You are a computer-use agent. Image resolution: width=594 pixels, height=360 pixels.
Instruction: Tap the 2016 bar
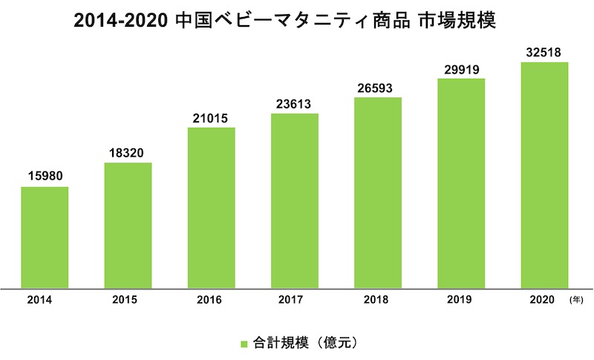pyautogui.click(x=211, y=207)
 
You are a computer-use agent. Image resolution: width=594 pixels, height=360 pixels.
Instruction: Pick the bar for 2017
pyautogui.click(x=294, y=200)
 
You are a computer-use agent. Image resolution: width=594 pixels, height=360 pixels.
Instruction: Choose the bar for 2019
pyautogui.click(x=460, y=182)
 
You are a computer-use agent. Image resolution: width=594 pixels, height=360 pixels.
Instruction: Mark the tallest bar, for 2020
pyautogui.click(x=544, y=174)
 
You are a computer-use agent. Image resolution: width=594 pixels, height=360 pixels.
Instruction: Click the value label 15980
pyautogui.click(x=45, y=177)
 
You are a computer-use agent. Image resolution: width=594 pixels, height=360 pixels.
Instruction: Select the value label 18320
pyautogui.click(x=128, y=153)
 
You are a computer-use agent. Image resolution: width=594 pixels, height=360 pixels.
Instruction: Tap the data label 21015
pyautogui.click(x=211, y=118)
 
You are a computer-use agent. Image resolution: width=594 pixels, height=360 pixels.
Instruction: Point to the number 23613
pyautogui.click(x=294, y=104)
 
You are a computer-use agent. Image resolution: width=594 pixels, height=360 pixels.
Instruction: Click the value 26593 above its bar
pyautogui.click(x=377, y=88)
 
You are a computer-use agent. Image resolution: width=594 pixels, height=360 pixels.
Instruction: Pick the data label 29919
pyautogui.click(x=460, y=70)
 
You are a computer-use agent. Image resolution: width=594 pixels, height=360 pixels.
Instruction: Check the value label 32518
pyautogui.click(x=544, y=53)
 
